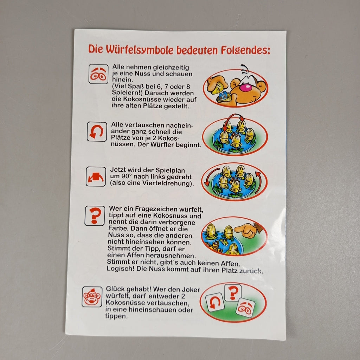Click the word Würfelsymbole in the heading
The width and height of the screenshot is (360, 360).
pyautogui.click(x=139, y=50)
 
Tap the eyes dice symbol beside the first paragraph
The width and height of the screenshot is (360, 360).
pyautogui.click(x=98, y=74)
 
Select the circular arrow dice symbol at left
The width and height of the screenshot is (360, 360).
pyautogui.click(x=97, y=131)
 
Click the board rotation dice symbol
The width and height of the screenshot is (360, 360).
pyautogui.click(x=96, y=176)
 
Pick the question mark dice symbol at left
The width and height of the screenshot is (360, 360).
pyautogui.click(x=95, y=216)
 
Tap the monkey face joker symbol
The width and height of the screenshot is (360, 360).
pyautogui.click(x=92, y=297)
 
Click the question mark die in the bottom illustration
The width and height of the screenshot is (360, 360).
pyautogui.click(x=233, y=292)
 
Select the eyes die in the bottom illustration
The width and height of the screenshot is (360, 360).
pyautogui.click(x=245, y=307)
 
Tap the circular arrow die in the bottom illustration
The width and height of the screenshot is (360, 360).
pyautogui.click(x=215, y=302)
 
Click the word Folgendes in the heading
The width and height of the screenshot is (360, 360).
pyautogui.click(x=245, y=50)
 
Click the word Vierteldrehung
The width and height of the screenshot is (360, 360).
pyautogui.click(x=167, y=183)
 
